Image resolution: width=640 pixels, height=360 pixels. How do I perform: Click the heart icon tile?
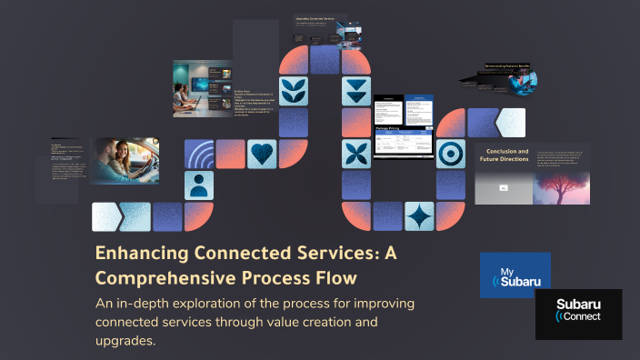[262, 154]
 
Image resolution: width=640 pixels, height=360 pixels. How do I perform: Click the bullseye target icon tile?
[450, 154]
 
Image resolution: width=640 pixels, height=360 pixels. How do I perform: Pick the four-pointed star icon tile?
[419, 216]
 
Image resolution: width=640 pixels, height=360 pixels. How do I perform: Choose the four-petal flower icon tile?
[356, 154]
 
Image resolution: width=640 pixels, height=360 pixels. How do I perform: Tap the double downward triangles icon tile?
[356, 91]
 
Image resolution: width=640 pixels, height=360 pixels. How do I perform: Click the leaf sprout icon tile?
[293, 91]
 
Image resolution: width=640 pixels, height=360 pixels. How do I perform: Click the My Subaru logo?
[515, 275]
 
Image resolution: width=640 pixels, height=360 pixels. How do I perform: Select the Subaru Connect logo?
[578, 314]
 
